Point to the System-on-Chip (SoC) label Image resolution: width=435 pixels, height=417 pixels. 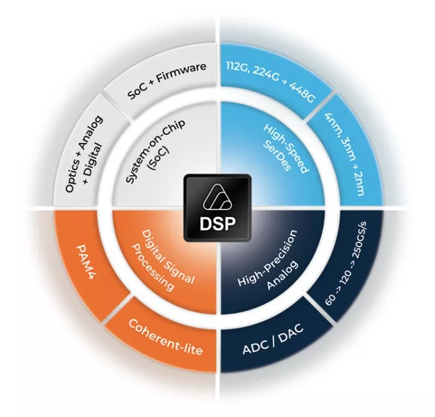point(150,159)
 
